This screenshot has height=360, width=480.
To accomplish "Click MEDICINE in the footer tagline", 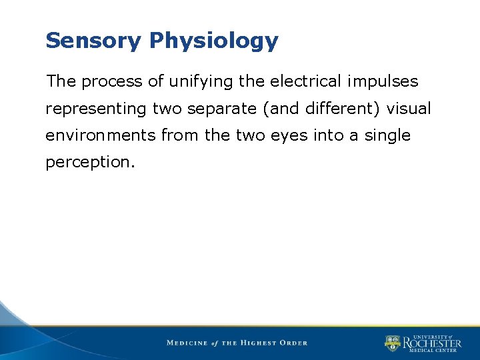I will (x=187, y=343).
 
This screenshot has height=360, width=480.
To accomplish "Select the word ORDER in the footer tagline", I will (x=294, y=343).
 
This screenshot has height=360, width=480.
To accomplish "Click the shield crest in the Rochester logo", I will (x=392, y=343).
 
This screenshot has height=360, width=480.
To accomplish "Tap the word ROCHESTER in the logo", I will (x=431, y=343).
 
